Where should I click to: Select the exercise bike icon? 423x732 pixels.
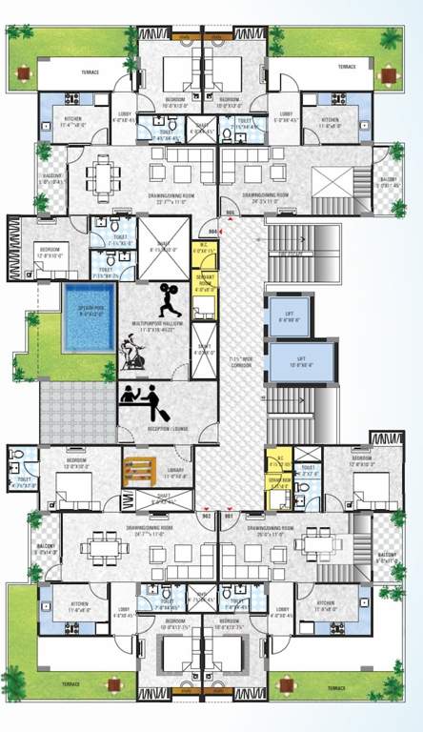click(x=139, y=356)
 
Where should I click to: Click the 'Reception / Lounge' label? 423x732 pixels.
click(x=167, y=429)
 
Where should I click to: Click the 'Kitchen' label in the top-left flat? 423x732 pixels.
click(x=72, y=120)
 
